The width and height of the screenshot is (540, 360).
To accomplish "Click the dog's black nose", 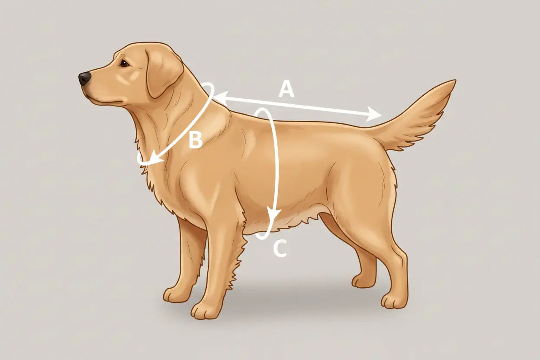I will (x=85, y=78).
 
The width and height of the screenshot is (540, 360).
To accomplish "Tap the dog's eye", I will (x=124, y=63).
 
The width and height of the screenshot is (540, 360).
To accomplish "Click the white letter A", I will (x=286, y=90).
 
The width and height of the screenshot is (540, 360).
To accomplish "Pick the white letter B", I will (x=196, y=140).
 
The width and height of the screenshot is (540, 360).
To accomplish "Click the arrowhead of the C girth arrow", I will (x=273, y=215).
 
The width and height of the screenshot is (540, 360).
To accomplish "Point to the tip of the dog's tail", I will (x=453, y=81).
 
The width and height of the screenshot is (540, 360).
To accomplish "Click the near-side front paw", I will (x=205, y=310).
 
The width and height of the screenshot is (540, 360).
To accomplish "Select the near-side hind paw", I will (x=393, y=300).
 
